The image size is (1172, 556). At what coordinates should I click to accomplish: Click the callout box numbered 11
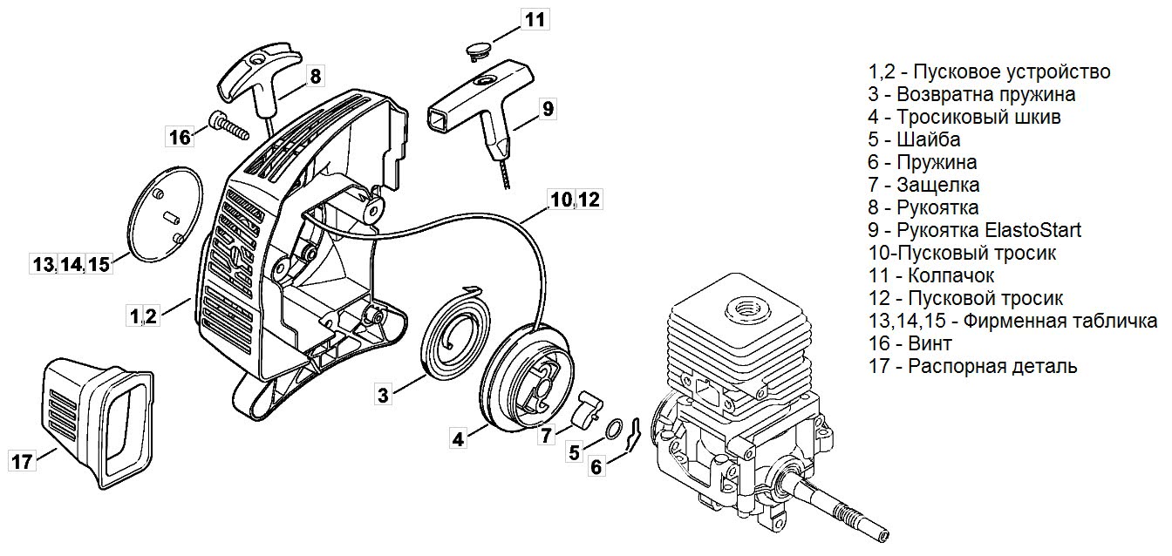536,19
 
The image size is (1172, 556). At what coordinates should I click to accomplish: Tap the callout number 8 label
315,77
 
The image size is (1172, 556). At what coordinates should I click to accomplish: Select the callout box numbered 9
548,108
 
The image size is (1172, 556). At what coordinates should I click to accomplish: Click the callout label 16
179,137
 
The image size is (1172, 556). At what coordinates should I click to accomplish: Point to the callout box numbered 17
22,461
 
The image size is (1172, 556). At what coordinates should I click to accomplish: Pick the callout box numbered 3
383,395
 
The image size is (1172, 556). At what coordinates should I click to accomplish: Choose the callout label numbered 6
596,467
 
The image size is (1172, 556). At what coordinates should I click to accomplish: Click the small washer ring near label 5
615,428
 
